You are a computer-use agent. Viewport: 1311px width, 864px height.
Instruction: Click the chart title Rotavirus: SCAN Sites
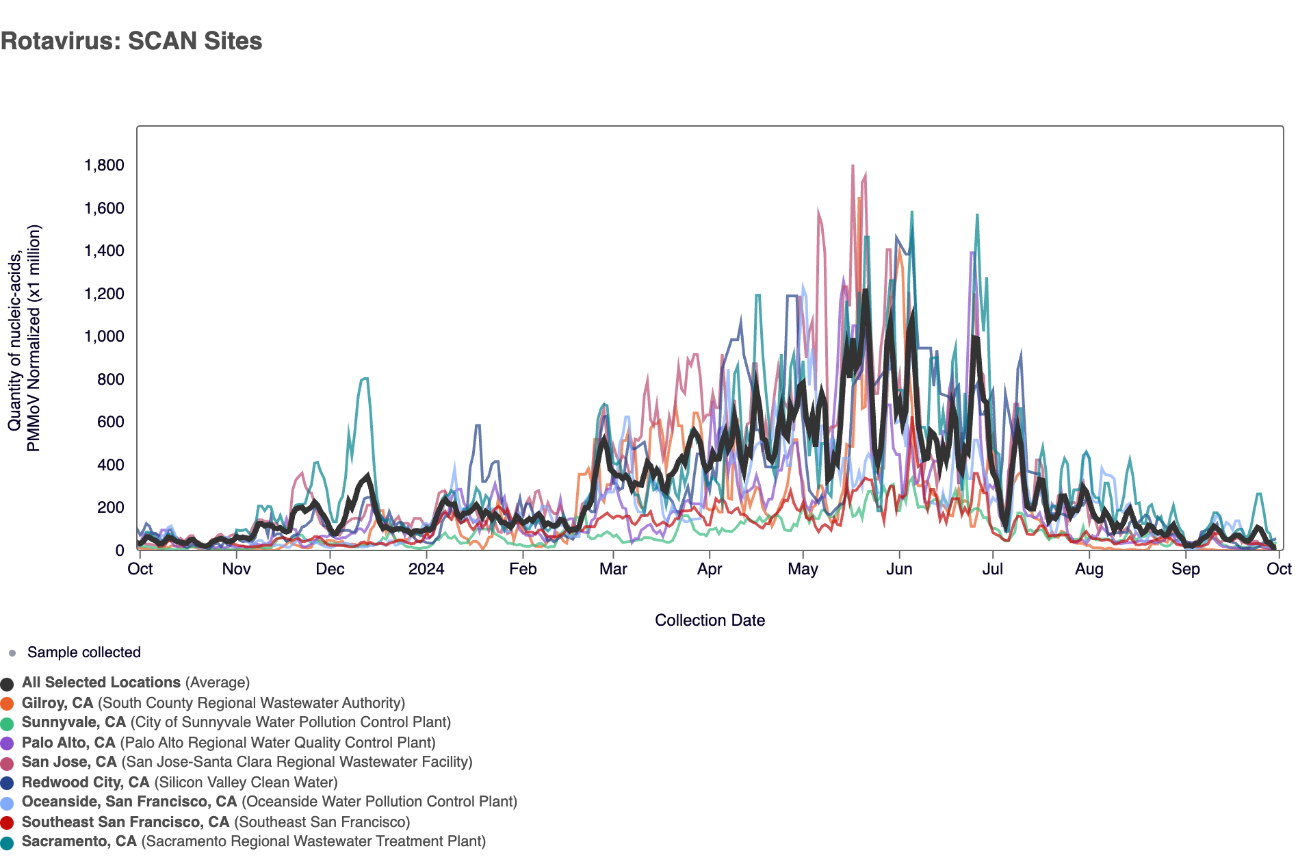tap(131, 41)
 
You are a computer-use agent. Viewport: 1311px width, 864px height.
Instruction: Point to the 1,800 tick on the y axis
tap(104, 165)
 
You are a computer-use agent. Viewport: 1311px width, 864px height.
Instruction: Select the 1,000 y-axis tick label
tap(104, 336)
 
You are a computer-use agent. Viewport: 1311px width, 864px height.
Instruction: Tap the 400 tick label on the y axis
tap(111, 465)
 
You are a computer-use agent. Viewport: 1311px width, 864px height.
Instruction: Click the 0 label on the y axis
tap(120, 550)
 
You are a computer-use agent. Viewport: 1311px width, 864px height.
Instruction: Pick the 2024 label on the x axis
tap(426, 569)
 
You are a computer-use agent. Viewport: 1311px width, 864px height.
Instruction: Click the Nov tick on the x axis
tap(236, 569)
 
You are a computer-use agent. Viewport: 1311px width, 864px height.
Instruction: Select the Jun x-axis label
tap(898, 569)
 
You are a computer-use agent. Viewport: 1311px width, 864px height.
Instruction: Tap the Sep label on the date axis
tap(1185, 569)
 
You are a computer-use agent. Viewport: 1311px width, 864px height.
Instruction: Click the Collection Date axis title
tap(710, 620)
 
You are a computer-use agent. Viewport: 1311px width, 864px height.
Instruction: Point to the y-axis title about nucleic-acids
tap(25, 339)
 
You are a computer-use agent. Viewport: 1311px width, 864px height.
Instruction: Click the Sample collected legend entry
tap(83, 652)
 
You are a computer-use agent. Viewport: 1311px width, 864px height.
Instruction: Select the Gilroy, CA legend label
tap(57, 703)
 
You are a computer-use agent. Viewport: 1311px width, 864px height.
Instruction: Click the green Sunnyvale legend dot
tap(8, 723)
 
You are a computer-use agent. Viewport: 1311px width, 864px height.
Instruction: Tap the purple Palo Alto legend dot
tap(8, 744)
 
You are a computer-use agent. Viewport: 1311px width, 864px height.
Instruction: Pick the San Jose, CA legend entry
tap(69, 762)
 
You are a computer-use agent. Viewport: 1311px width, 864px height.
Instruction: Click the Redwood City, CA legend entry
tap(86, 783)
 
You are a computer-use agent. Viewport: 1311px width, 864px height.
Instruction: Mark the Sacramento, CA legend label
tap(79, 841)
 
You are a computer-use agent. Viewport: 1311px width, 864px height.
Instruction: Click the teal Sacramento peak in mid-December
tap(365, 379)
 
